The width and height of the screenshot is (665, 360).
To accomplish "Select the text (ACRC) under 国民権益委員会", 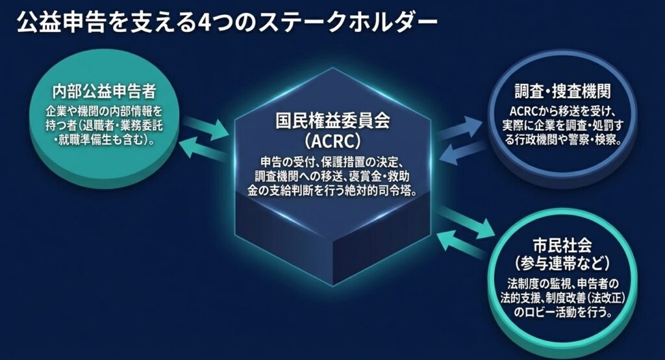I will [332, 140].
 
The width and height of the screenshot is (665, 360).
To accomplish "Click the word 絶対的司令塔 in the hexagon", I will [384, 189].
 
